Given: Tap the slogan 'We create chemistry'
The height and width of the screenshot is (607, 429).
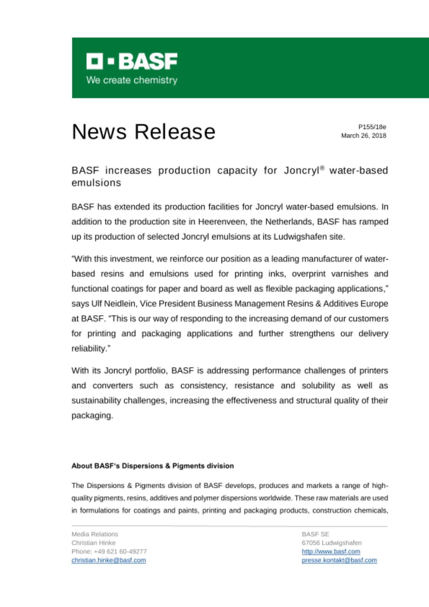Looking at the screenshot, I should [x=132, y=80].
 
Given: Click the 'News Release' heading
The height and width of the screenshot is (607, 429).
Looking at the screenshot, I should [x=144, y=132].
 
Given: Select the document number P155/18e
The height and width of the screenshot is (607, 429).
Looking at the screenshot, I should [x=372, y=127].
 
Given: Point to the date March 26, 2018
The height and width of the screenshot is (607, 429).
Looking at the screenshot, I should [x=363, y=136].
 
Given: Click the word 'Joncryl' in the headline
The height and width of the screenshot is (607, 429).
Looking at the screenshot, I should [x=301, y=171].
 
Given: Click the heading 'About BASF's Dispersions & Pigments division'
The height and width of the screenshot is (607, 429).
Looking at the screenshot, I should [x=153, y=466].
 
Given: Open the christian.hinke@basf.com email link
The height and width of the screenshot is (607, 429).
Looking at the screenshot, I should [x=109, y=560].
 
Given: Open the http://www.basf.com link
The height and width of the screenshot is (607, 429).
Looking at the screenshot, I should [x=331, y=551].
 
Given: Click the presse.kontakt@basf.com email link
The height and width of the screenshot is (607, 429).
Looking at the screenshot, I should [x=339, y=560].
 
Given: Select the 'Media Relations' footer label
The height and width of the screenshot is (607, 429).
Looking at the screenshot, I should [x=95, y=534].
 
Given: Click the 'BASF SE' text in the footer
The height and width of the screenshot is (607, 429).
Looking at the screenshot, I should [x=315, y=534].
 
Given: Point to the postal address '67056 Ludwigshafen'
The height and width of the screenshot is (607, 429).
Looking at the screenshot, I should [x=332, y=543].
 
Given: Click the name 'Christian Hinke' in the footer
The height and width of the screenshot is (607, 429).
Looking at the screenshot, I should [x=93, y=543].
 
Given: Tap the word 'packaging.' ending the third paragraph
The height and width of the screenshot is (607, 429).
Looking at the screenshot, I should [x=92, y=415].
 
